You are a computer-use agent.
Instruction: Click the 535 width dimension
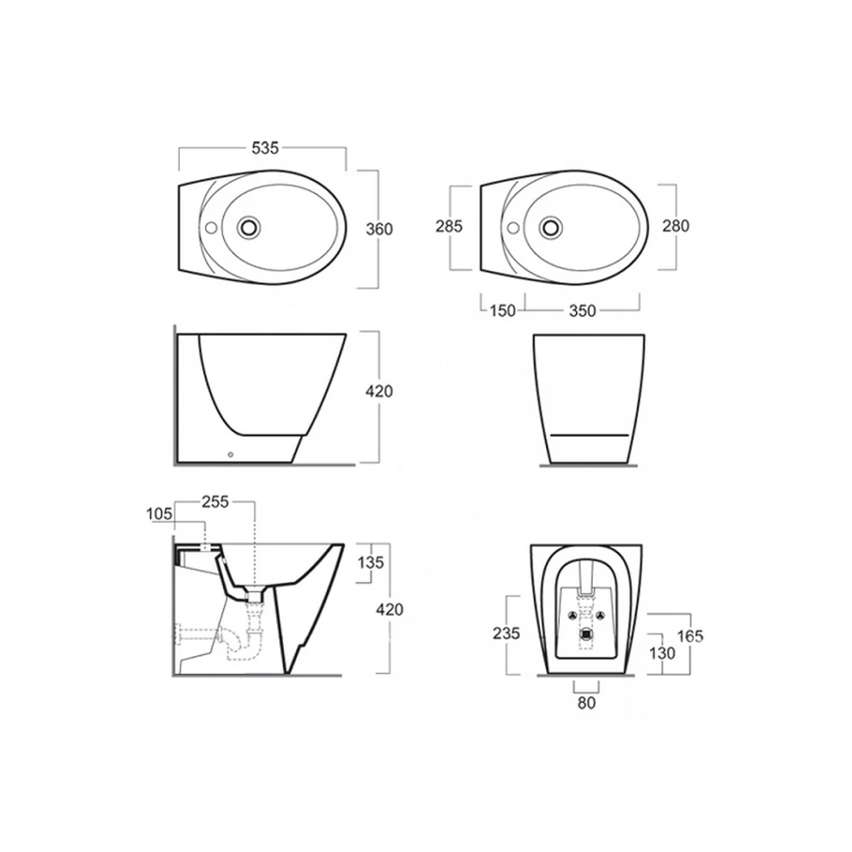tap(265, 147)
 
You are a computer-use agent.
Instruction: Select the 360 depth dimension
tap(379, 229)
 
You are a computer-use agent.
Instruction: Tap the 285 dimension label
tap(449, 226)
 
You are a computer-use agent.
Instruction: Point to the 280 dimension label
tap(676, 226)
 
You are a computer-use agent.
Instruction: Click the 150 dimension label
tap(503, 311)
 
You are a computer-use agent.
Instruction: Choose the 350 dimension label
tap(583, 311)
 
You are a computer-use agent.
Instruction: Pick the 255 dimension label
tap(216, 502)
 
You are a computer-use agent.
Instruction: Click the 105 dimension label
tap(159, 514)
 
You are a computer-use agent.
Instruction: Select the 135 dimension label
tap(371, 562)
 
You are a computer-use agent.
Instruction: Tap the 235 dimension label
tap(506, 633)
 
